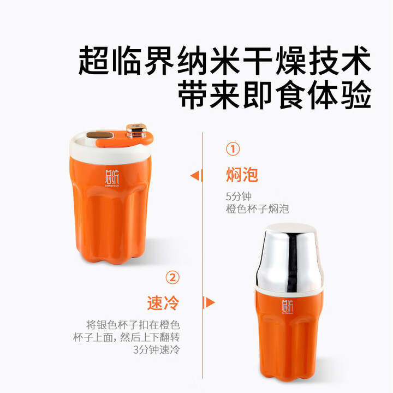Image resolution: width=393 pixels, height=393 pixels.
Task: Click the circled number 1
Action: coord(233,149)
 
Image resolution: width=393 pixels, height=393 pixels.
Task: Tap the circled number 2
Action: coord(172,277)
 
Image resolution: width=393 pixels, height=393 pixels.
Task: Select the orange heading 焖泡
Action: coord(242,175)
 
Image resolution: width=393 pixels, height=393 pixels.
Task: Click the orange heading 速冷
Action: coord(163,303)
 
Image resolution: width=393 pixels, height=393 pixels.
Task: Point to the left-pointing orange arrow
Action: coord(196,175)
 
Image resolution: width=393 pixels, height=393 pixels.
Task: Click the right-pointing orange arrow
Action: coord(209,302)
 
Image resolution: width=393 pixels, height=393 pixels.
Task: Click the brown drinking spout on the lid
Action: coord(99,135)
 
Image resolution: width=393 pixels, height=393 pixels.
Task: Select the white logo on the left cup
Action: coord(112,178)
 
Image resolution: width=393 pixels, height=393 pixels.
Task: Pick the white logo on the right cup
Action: coord(287,307)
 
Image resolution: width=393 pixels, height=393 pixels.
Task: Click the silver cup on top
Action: coord(290,258)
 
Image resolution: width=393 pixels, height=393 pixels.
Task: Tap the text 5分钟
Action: coord(239,196)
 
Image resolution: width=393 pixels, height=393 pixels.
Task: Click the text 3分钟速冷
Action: coord(157,350)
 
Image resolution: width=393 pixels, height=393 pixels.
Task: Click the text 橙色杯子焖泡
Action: coord(258,209)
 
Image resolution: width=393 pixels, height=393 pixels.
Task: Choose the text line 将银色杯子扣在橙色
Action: coord(133,325)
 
